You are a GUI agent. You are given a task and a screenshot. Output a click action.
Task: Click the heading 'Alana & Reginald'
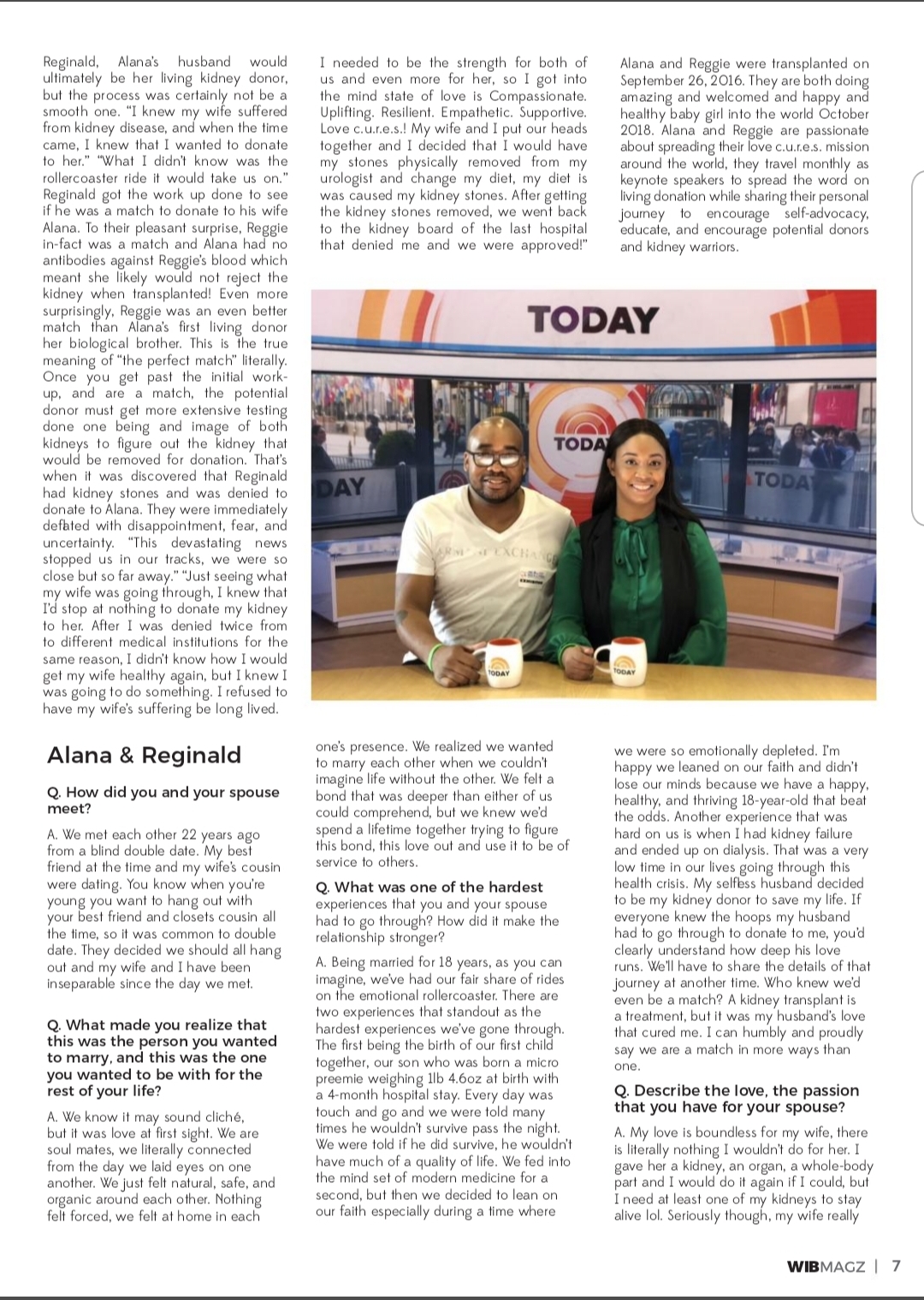(x=144, y=755)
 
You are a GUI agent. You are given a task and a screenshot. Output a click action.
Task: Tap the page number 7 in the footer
(x=896, y=1266)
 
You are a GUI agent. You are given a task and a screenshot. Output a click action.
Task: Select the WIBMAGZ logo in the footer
(x=826, y=1267)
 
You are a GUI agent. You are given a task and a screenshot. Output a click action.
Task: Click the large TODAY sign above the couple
(x=593, y=320)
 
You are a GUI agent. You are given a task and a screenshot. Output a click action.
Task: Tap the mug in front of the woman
(x=615, y=659)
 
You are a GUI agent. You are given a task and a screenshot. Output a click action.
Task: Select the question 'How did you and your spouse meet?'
(x=163, y=800)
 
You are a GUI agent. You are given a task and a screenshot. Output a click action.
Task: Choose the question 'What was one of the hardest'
(x=438, y=887)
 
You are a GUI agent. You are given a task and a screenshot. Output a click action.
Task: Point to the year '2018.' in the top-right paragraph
(x=637, y=130)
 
